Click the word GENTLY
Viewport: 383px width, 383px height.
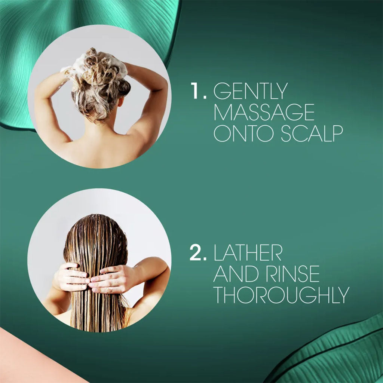click(250, 91)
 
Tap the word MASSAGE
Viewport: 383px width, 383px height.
click(264, 112)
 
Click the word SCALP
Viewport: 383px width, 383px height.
click(312, 134)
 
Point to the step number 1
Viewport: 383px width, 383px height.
click(198, 91)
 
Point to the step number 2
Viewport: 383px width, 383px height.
click(198, 252)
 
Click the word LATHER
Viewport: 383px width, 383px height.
click(248, 252)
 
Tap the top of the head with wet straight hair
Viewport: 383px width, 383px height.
click(96, 217)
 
